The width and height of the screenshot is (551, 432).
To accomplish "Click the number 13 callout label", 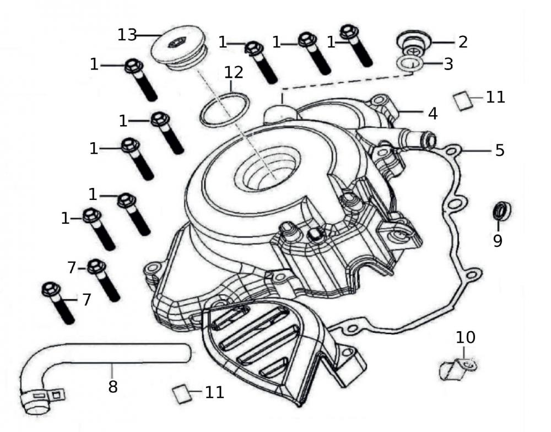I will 127,34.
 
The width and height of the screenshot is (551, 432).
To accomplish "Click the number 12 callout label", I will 233,72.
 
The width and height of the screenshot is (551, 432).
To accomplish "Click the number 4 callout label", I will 433,114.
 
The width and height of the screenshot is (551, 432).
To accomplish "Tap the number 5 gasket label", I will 499,150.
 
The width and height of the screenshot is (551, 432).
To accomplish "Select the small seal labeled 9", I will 500,210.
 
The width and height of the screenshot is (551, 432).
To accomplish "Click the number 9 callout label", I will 498,241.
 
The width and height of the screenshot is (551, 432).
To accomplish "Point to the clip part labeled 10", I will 456,369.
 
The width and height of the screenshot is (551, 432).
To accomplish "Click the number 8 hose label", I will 112,386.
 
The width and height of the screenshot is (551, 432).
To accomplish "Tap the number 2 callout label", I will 462,41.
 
